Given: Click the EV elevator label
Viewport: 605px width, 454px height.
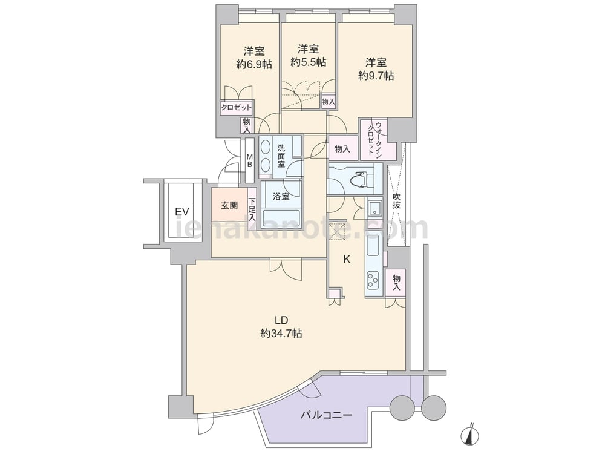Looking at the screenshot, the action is click(x=181, y=211).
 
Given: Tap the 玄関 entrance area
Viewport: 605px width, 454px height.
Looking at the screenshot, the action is click(x=229, y=205).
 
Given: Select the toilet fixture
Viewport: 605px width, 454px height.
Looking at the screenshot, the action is click(x=362, y=179).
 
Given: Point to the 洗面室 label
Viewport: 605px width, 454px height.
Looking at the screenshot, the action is click(x=281, y=155).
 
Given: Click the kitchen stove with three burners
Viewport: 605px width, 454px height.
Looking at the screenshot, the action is click(x=373, y=281).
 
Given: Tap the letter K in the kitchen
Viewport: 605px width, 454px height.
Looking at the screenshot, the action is click(x=347, y=260).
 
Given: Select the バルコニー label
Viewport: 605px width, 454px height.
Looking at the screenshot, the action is click(x=327, y=415).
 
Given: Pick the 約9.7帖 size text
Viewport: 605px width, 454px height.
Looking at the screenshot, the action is click(x=376, y=76).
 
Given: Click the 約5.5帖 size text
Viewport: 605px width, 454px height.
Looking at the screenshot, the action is click(x=308, y=62).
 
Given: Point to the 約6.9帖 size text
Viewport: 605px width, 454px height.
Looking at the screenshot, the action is click(x=254, y=64).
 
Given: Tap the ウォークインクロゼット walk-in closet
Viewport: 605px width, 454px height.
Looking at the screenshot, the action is click(x=378, y=139).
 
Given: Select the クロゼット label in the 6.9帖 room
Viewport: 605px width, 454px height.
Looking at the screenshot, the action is click(x=236, y=108).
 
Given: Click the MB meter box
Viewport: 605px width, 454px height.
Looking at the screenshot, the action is click(x=250, y=160).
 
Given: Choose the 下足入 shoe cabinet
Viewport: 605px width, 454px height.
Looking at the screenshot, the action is click(x=252, y=209).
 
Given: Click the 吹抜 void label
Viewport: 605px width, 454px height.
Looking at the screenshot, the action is click(x=396, y=201).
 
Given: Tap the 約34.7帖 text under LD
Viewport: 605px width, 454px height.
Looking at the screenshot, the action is click(x=281, y=333).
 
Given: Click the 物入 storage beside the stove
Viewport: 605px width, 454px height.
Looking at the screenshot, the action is click(x=396, y=283).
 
